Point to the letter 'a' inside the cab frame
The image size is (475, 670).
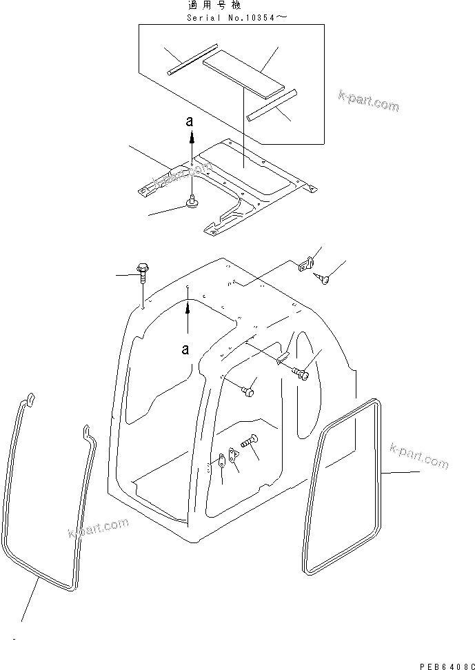[185, 349]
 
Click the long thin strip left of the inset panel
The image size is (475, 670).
[192, 60]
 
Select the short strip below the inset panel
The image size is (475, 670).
[272, 103]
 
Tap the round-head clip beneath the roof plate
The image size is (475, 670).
[191, 202]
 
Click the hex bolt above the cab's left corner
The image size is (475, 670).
[143, 271]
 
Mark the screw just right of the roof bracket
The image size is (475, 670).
[324, 278]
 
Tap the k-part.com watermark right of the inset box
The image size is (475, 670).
[369, 101]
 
